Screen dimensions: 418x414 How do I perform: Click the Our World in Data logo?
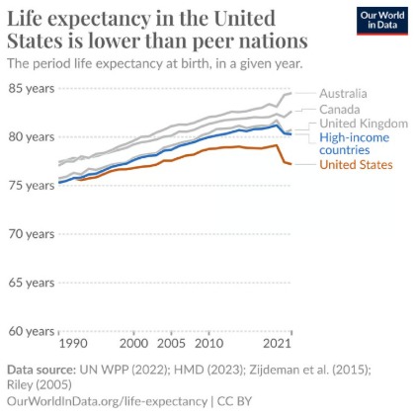380,21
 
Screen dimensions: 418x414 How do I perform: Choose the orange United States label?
356,164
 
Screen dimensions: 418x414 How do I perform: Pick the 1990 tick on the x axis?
73,344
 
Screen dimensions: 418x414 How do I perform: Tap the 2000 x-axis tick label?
134,344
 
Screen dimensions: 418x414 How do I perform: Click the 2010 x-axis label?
207,344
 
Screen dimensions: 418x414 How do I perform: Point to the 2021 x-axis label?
277,344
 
